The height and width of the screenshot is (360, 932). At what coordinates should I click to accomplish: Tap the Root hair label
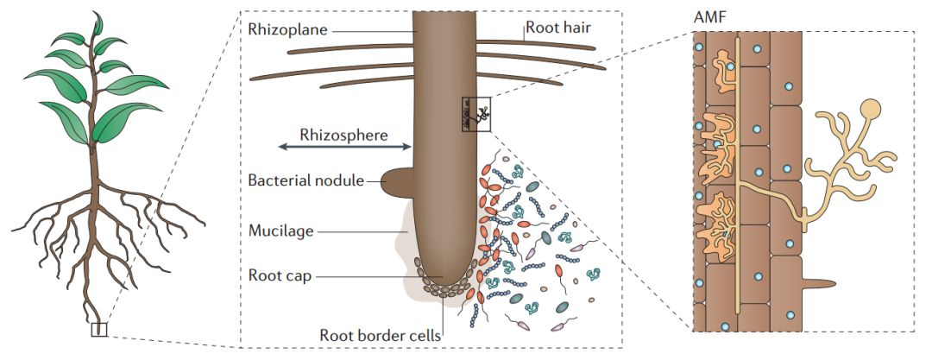point(560,28)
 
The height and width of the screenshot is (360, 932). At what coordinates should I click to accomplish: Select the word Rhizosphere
point(343,135)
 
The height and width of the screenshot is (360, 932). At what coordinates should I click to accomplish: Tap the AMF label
point(708,18)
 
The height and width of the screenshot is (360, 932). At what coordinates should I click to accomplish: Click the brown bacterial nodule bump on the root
point(396,182)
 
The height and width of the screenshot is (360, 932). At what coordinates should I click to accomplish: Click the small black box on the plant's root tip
point(99,329)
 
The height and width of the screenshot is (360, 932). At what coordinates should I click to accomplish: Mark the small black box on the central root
point(475,113)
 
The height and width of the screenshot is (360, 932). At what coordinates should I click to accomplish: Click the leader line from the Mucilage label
point(362,231)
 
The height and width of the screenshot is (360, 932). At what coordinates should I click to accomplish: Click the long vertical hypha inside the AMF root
point(738,173)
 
